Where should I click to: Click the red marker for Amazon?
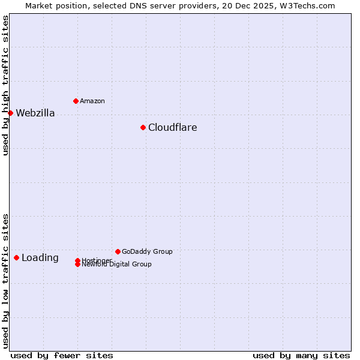76,101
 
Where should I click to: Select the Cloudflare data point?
143,127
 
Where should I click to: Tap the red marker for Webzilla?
10,113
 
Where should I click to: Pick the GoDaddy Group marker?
118,251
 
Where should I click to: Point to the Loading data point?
16,257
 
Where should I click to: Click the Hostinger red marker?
77,260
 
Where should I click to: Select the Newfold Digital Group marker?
77,264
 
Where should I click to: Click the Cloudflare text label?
172,127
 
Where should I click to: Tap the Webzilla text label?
35,113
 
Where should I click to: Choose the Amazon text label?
92,101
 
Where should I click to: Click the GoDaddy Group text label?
146,251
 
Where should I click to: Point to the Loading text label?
40,258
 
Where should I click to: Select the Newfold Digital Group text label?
117,265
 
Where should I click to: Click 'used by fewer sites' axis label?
62,355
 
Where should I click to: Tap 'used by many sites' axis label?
301,355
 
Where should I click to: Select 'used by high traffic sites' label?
6,85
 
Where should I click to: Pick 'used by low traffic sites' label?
6,280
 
